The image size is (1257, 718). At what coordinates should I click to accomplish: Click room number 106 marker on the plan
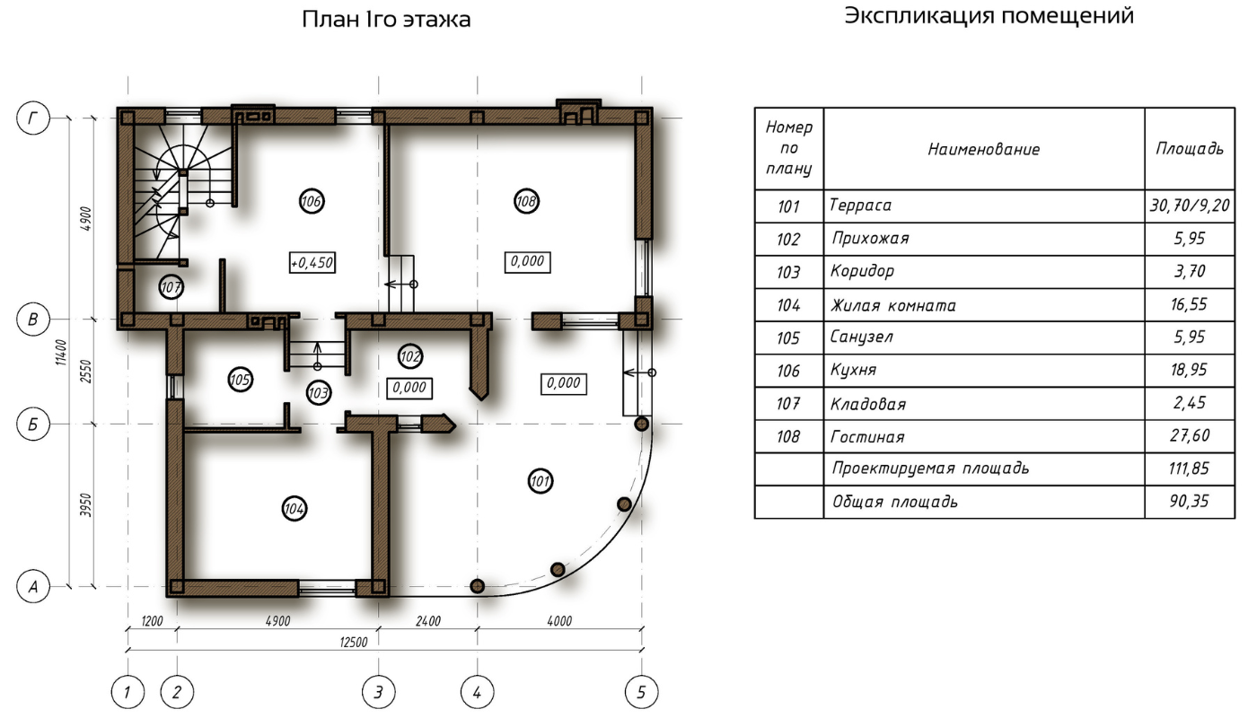point(312,201)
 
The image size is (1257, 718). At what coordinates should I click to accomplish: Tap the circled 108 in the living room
point(526,201)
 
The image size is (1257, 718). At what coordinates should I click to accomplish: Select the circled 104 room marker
point(294,509)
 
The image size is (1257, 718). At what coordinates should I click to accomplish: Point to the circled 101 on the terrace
point(541,481)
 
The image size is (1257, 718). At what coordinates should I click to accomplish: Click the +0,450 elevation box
point(312,262)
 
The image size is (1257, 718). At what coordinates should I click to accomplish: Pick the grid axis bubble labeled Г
point(33,118)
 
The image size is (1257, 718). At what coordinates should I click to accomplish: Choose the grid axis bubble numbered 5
point(641,692)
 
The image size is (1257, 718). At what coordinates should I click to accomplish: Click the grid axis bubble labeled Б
point(33,424)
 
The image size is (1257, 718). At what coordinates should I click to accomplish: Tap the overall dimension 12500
point(354,643)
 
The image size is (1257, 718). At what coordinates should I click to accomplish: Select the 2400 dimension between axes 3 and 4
point(427,621)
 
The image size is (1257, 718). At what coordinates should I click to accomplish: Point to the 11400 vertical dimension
point(61,352)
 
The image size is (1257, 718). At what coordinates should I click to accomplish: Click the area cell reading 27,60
point(1190,436)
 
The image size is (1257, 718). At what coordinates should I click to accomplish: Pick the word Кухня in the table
point(853,370)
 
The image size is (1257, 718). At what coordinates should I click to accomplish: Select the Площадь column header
point(1190,149)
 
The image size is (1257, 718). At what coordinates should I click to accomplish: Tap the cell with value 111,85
point(1189,468)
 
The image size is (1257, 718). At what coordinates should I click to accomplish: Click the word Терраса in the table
point(860,206)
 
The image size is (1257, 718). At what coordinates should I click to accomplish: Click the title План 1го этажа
point(386,19)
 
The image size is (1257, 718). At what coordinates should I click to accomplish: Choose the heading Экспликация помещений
point(989,16)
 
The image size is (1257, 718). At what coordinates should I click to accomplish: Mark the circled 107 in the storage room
point(171,288)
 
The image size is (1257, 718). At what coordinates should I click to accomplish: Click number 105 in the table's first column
point(788,338)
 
